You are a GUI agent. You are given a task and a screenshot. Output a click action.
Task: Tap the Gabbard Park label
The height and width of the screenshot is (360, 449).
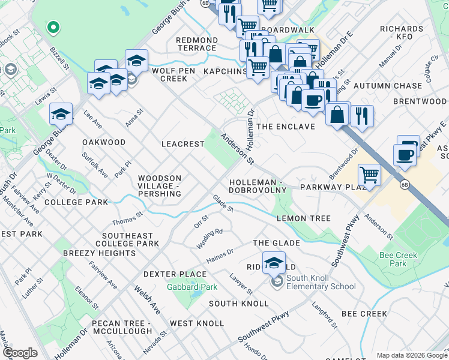(x=192, y=287)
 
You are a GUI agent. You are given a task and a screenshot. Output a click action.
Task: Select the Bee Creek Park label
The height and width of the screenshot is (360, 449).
(x=398, y=259)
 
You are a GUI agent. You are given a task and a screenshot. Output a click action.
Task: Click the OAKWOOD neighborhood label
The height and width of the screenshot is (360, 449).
(x=104, y=142)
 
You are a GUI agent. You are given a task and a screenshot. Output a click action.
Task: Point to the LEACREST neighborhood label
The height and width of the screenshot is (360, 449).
(x=183, y=144)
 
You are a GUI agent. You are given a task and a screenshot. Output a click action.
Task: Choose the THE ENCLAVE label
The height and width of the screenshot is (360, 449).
(x=286, y=127)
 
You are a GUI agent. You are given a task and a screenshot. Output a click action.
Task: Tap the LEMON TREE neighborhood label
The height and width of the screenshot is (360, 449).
(x=303, y=218)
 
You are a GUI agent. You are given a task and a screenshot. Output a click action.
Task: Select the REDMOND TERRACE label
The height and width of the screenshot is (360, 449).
(x=196, y=44)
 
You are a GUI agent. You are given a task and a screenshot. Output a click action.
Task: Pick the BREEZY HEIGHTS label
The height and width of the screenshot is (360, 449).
(x=99, y=253)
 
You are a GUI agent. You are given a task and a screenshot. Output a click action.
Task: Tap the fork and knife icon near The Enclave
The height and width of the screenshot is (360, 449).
(x=361, y=115)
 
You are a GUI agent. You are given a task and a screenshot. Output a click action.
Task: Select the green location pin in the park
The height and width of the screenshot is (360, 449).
(x=53, y=27)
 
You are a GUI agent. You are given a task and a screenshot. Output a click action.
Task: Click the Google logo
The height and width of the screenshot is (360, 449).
(x=20, y=352)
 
